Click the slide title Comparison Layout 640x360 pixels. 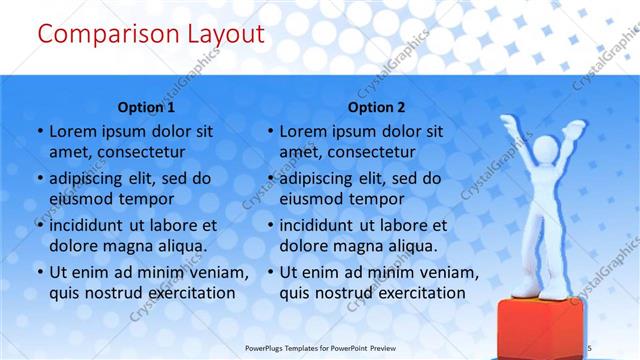(x=150, y=35)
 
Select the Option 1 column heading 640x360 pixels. (x=146, y=107)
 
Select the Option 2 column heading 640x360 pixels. (x=377, y=107)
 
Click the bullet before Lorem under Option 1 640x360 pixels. (x=39, y=132)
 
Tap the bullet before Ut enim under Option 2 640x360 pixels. (x=270, y=273)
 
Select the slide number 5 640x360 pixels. (x=618, y=346)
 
